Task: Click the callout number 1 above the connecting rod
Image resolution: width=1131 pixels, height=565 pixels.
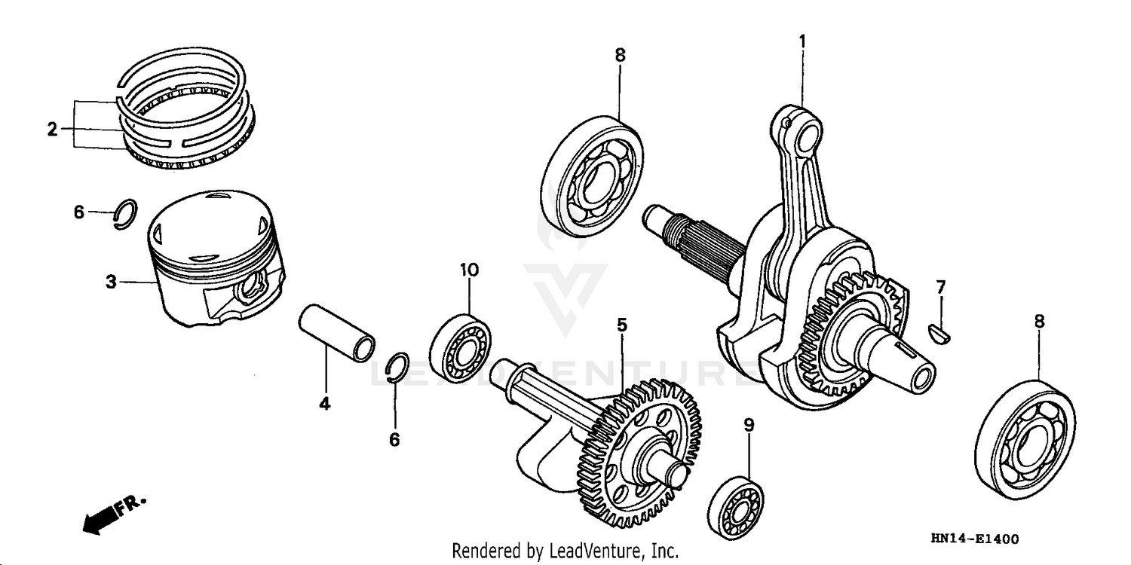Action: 802,41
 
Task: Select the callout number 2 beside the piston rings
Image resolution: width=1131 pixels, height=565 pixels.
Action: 51,130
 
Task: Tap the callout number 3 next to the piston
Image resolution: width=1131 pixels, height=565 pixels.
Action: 111,282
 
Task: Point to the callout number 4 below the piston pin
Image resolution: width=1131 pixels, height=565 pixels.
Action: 324,404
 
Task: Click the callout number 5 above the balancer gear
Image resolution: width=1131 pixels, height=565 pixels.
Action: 621,325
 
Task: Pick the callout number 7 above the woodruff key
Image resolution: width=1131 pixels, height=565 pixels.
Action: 940,286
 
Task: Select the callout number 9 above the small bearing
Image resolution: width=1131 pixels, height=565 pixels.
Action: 749,426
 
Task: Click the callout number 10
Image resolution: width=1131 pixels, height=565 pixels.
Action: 469,270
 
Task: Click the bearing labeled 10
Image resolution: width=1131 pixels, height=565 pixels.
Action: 461,344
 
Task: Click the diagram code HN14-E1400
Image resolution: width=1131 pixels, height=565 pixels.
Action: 974,539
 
